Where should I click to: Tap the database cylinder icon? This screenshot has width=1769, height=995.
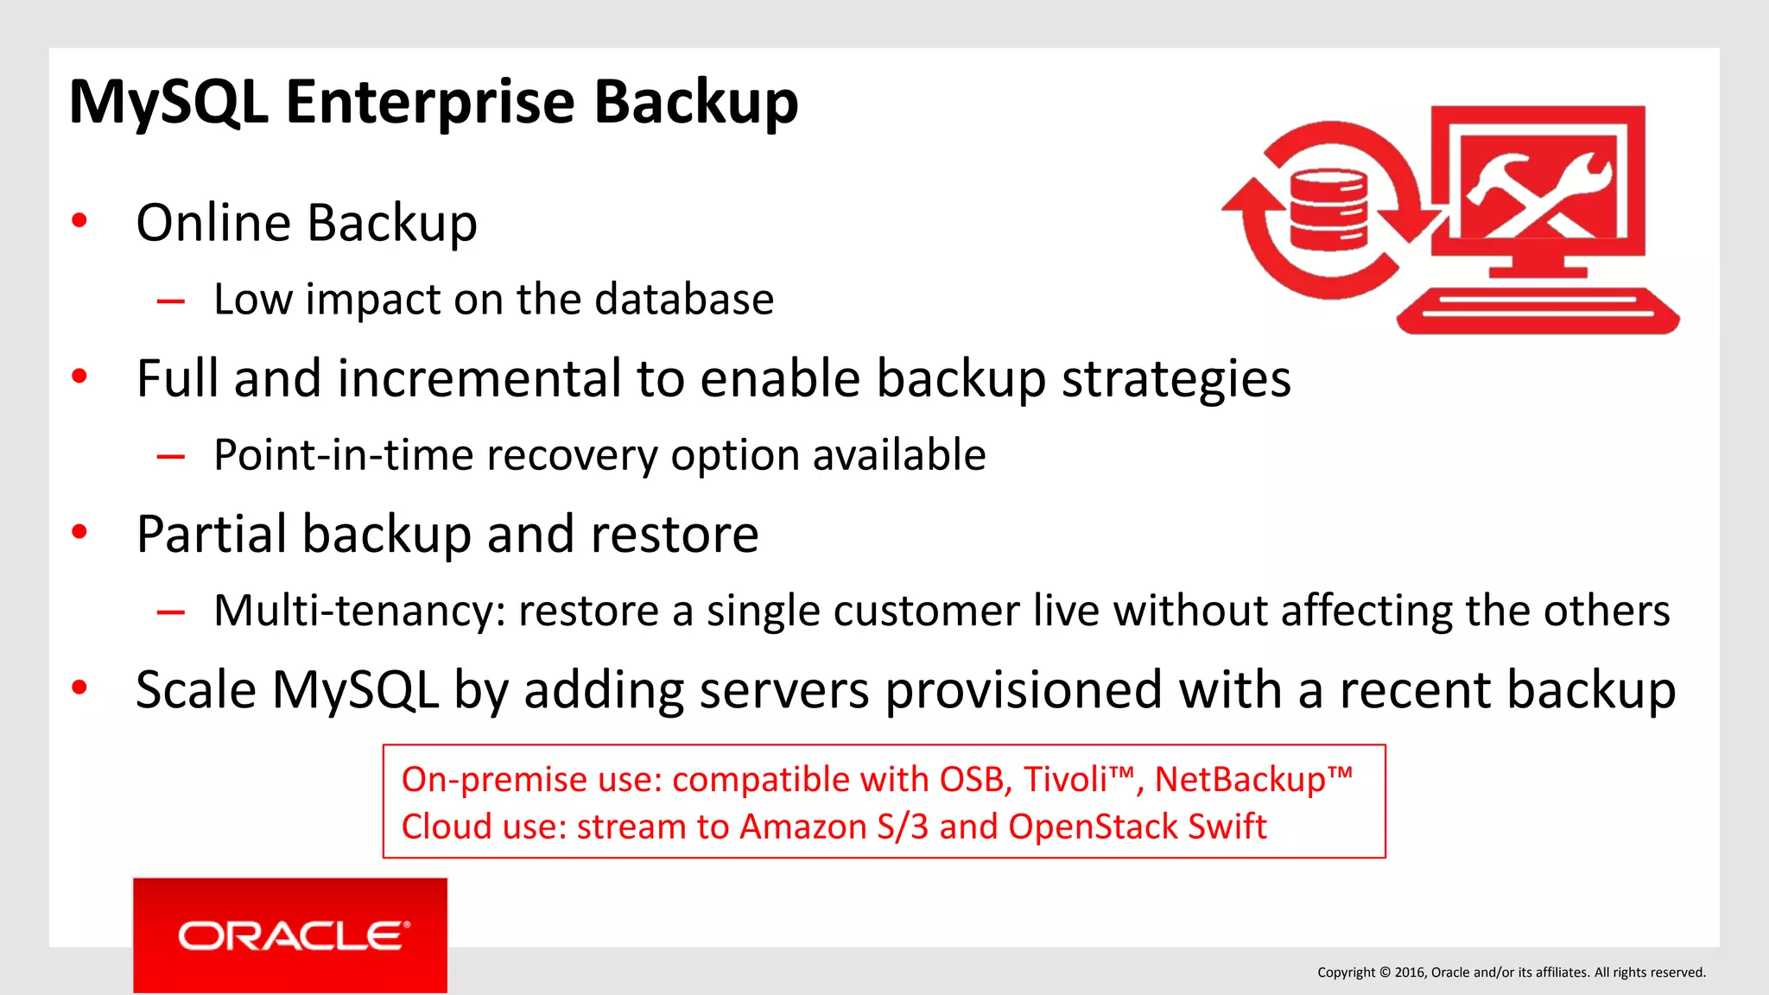(x=1328, y=208)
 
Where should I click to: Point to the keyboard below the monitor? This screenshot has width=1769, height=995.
(x=1538, y=310)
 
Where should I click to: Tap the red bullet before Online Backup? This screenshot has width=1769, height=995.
(x=79, y=221)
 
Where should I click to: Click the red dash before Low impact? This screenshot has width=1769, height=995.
(x=171, y=301)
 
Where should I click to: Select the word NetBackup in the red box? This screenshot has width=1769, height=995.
(x=1240, y=780)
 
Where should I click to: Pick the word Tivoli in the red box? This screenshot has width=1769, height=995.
(x=1066, y=780)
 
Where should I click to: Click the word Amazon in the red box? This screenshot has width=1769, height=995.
(x=802, y=827)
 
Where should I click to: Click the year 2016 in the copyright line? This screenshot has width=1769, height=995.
(x=1410, y=973)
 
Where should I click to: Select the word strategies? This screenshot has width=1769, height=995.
(x=1176, y=378)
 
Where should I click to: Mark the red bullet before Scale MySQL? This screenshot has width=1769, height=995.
(x=79, y=688)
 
